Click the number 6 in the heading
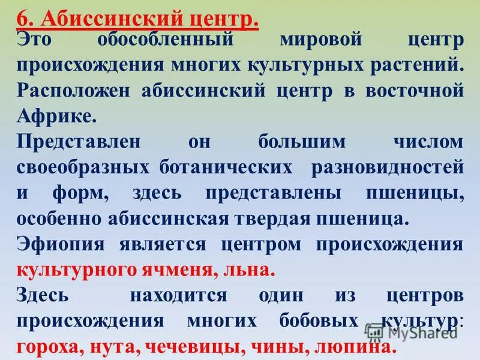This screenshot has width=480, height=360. pyautogui.click(x=23, y=19)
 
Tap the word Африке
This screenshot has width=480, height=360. pyautogui.click(x=56, y=116)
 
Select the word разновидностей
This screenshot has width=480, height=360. pyautogui.click(x=387, y=167)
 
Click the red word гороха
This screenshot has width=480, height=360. pyautogui.click(x=50, y=347)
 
